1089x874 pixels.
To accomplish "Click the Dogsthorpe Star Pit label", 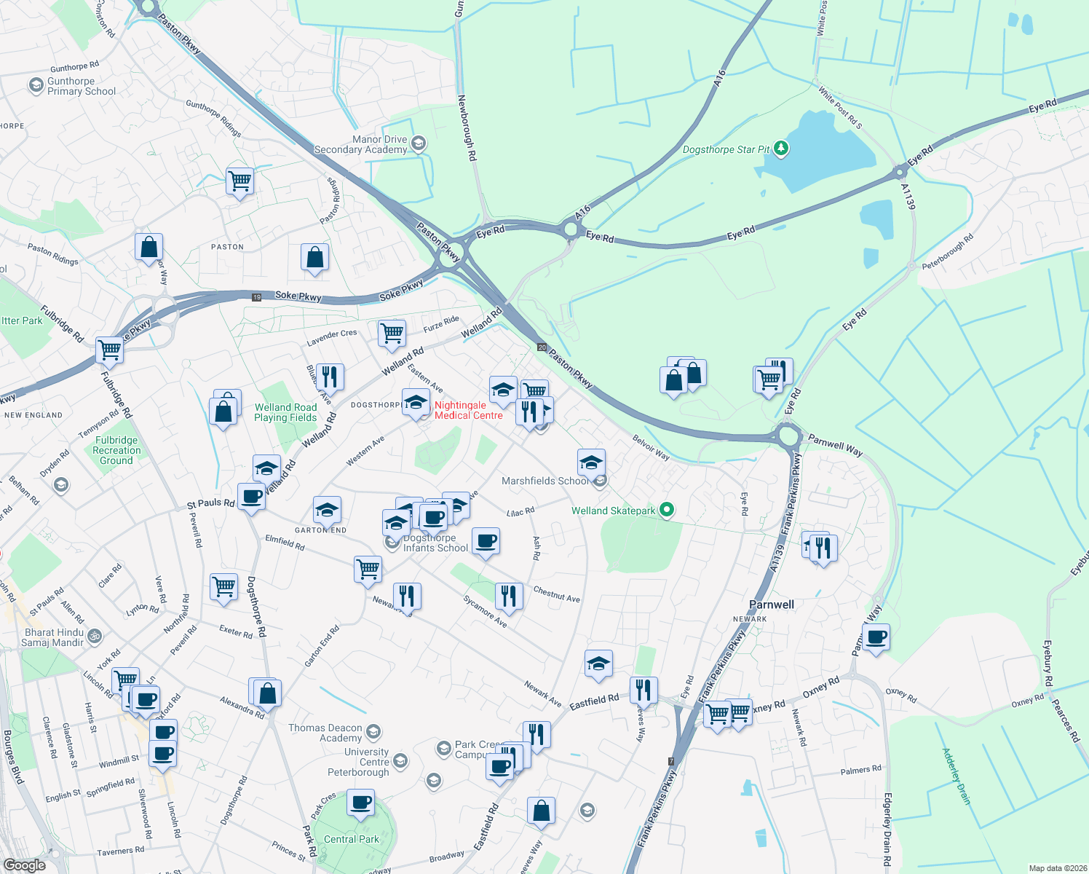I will (726, 150).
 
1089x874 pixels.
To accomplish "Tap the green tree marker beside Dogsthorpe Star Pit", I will (781, 149).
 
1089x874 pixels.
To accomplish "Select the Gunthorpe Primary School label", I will (82, 87).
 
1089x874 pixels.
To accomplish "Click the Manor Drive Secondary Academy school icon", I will (418, 143).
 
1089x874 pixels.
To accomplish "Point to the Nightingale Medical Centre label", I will (468, 411).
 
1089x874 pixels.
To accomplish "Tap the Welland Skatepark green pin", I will (666, 511).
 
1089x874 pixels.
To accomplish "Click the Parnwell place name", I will (772, 605).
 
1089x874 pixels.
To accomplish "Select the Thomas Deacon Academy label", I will (325, 733).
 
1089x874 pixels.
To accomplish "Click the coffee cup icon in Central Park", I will (361, 804).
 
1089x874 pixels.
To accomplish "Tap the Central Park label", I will (352, 839).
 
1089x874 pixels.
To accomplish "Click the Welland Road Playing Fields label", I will (285, 413).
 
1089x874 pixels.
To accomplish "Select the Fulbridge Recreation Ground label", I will (116, 450).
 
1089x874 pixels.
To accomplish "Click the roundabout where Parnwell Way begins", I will (788, 438).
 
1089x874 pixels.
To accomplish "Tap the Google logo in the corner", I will (24, 865).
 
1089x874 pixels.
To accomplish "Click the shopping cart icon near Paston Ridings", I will (239, 181).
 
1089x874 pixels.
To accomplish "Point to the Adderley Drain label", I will (957, 776).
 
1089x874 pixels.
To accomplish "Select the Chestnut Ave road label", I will (557, 594).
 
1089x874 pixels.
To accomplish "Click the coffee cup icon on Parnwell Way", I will (876, 638).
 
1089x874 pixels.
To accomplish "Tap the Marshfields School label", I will (545, 481).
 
